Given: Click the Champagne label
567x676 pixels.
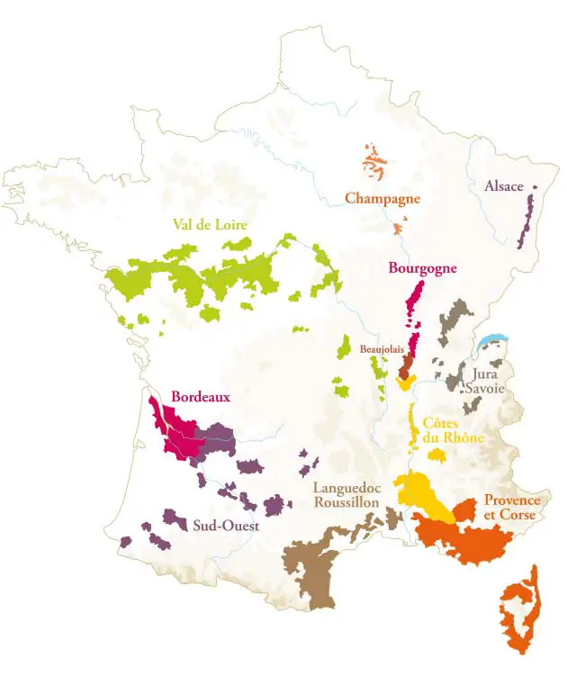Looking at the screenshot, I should point(382,198).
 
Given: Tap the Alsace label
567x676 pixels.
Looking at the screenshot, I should point(503,186).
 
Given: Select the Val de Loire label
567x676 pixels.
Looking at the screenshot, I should point(210,225).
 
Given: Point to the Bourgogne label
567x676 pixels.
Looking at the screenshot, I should point(422,267).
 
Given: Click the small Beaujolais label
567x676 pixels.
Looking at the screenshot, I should point(379,348).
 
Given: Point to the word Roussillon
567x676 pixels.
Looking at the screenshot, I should point(346,504).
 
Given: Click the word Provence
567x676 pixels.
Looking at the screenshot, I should point(512,500).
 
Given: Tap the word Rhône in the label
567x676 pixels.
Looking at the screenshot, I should point(463,438).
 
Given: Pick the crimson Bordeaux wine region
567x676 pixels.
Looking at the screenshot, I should point(175,430).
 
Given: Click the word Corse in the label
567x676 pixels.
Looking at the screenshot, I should point(519,515).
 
